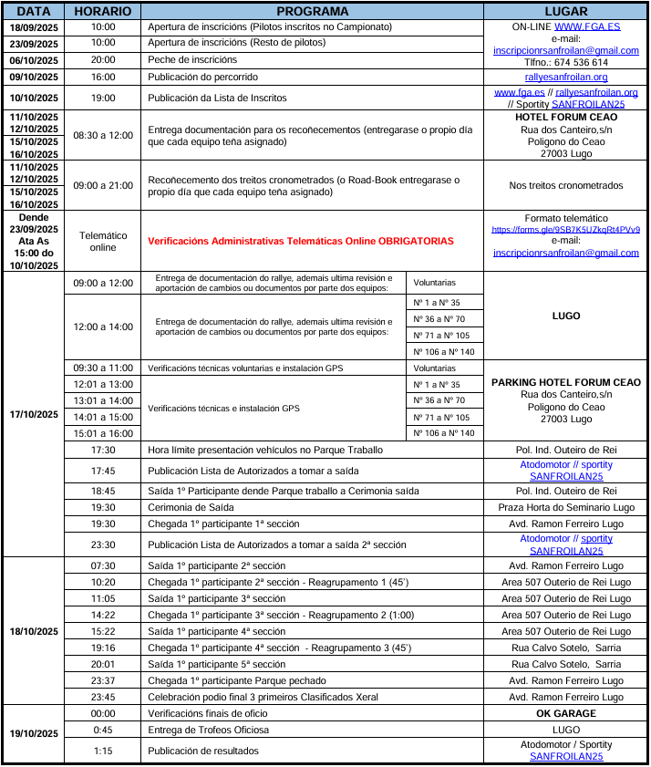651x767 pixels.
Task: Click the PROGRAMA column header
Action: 312,11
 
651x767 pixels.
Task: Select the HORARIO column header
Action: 103,11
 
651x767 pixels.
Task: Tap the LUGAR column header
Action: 565,11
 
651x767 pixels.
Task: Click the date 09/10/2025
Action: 34,77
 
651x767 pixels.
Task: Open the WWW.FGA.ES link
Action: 587,27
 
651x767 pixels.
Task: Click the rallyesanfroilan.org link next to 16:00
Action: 565,77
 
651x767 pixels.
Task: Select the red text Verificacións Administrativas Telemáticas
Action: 300,241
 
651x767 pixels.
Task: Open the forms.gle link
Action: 565,230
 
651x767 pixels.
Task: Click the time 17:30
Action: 103,450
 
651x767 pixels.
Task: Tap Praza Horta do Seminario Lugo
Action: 565,507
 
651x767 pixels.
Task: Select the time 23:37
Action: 103,680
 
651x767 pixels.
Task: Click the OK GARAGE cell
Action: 565,713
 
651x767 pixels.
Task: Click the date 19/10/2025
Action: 34,733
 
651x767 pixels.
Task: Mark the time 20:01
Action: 103,664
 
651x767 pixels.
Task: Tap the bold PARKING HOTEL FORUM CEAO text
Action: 565,382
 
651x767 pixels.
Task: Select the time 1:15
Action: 103,751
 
